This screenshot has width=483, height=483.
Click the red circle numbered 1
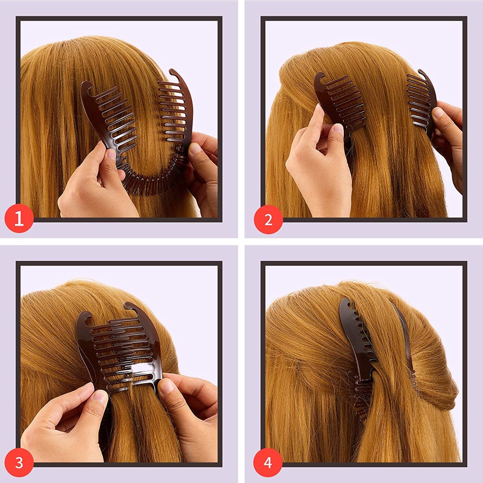[19, 219]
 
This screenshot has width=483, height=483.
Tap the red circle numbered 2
[268, 219]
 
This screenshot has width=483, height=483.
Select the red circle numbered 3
[19, 462]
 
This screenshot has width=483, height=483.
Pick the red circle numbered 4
[268, 462]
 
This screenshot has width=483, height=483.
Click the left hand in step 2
[321, 165]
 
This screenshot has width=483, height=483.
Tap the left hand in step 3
[66, 425]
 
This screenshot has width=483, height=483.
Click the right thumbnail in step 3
[167, 386]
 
